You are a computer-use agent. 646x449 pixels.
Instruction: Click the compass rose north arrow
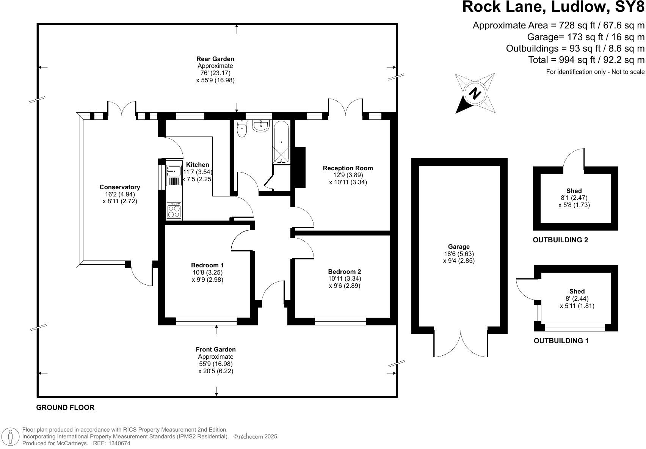tap(475, 93)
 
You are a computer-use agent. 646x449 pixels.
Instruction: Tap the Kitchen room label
tap(198, 165)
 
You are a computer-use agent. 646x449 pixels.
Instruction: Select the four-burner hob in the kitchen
tap(174, 210)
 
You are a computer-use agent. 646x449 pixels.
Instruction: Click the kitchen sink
tap(174, 171)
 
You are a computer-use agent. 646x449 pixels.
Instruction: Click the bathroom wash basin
tap(261, 126)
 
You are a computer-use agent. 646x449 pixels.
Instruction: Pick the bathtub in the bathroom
tap(281, 142)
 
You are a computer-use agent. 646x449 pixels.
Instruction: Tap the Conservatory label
tap(120, 187)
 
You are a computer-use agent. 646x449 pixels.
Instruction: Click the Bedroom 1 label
tap(207, 265)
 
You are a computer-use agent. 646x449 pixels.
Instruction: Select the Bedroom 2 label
tap(345, 272)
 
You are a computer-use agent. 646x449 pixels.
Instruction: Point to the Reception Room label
tap(348, 168)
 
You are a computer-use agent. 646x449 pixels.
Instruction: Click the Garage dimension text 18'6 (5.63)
tap(459, 254)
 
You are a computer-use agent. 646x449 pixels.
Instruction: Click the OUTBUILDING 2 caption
tap(560, 240)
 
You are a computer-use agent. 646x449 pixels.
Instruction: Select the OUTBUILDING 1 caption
tap(561, 341)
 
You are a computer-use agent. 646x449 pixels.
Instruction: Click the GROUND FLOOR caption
tap(65, 408)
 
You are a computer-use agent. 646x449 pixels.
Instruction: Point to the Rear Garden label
tap(215, 59)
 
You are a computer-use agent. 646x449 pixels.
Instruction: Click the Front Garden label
tap(216, 349)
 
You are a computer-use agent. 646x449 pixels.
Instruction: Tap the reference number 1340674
tap(119, 443)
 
